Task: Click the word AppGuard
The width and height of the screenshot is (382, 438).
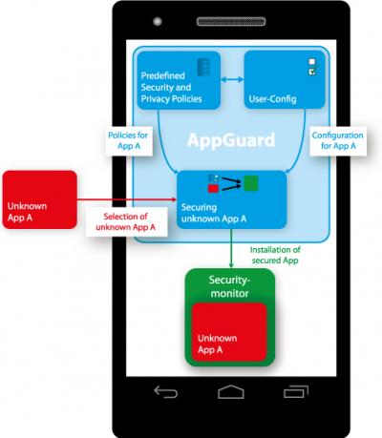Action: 229,140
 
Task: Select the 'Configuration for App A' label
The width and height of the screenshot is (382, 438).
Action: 336,140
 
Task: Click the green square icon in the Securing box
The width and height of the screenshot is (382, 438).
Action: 250,183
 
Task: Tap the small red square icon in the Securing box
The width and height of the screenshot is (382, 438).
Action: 212,188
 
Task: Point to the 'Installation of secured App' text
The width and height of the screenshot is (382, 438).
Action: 276,254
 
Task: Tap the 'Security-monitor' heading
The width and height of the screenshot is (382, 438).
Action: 229,285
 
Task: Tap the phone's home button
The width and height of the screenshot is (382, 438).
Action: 230,391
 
